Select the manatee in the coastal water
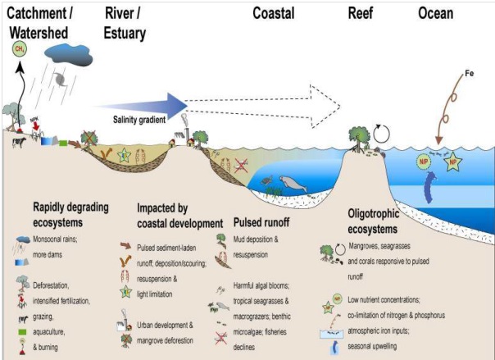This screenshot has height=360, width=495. click(292, 183)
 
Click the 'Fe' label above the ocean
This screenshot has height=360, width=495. click(470, 75)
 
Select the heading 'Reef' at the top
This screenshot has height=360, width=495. click(361, 13)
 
